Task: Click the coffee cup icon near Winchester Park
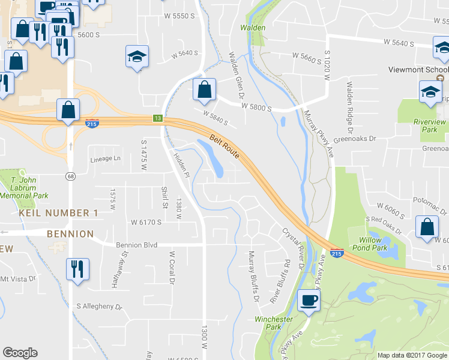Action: click(309, 301)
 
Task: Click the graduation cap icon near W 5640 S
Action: click(137, 57)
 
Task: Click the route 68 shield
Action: click(70, 176)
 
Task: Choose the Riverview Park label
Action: click(430, 125)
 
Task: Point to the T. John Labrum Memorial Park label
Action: click(24, 187)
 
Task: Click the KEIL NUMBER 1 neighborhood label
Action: click(58, 213)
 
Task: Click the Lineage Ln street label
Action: click(105, 159)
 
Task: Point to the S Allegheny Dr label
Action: click(99, 306)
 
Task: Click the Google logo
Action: click(20, 353)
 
